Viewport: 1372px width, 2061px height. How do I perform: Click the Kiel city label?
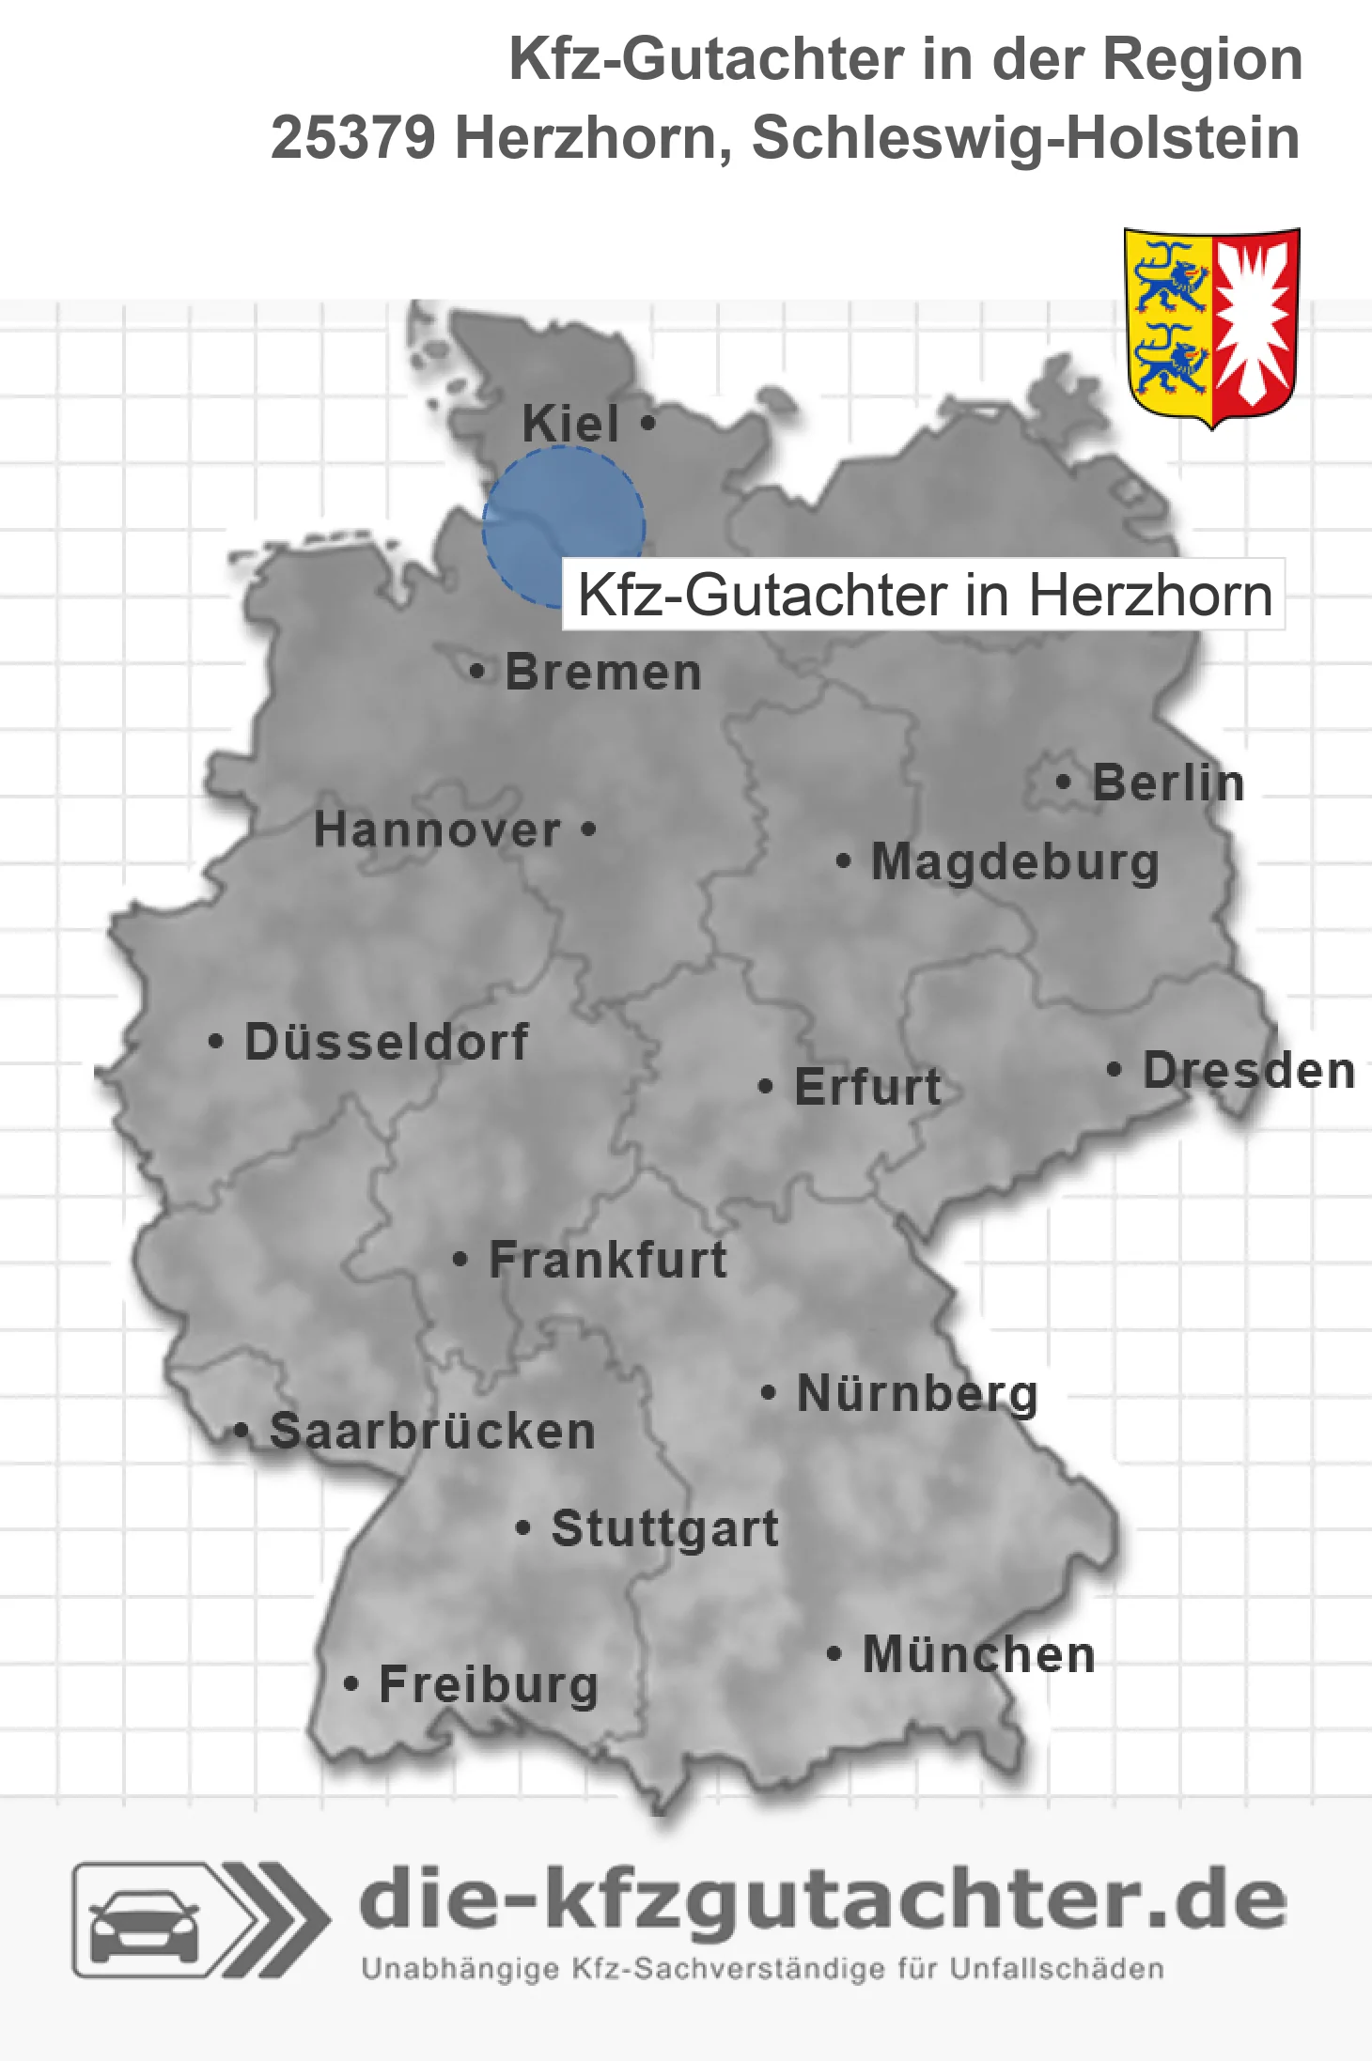pyautogui.click(x=570, y=424)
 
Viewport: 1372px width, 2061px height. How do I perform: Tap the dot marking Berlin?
pyautogui.click(x=1063, y=782)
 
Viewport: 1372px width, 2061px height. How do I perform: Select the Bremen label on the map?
pyautogui.click(x=603, y=673)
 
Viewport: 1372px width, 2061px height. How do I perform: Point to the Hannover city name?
pyautogui.click(x=437, y=830)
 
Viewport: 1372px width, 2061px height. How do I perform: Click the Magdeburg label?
pyautogui.click(x=1015, y=862)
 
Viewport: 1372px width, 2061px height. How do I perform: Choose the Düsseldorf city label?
pyautogui.click(x=386, y=1042)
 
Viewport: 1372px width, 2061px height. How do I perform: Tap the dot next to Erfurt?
pyautogui.click(x=765, y=1087)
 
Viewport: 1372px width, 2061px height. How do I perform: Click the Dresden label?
pyautogui.click(x=1249, y=1071)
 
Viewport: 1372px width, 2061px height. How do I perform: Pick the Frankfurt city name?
pyautogui.click(x=608, y=1260)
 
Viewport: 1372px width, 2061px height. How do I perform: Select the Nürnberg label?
pyautogui.click(x=917, y=1393)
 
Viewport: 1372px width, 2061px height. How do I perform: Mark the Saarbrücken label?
pyautogui.click(x=432, y=1432)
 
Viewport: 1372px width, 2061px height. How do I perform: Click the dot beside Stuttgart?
pyautogui.click(x=523, y=1528)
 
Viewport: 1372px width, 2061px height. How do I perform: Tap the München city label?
pyautogui.click(x=979, y=1654)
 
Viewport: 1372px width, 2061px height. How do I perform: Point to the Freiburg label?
pyautogui.click(x=489, y=1684)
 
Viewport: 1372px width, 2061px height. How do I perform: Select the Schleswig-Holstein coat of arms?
pyautogui.click(x=1211, y=327)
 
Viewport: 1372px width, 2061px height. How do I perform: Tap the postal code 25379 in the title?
pyautogui.click(x=353, y=138)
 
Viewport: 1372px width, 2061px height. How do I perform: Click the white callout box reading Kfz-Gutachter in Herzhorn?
pyautogui.click(x=924, y=595)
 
